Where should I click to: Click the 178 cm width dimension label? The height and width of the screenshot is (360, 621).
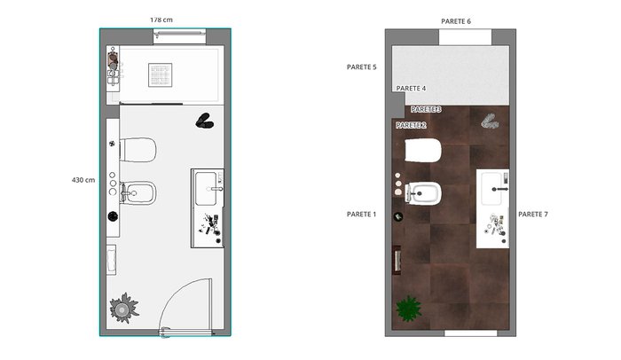161,20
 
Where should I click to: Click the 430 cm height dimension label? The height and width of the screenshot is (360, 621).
83,180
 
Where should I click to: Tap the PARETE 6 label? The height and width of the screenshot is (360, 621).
456,21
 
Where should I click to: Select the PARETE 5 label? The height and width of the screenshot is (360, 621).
362,67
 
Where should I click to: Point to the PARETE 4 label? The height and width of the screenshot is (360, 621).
411,89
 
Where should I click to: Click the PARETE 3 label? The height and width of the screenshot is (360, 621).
426,109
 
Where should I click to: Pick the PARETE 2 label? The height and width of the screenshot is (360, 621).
411,125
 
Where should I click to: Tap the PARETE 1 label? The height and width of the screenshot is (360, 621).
362,215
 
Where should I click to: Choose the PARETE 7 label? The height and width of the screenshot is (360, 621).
533,215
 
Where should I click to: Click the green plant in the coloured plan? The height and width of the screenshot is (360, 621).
409,309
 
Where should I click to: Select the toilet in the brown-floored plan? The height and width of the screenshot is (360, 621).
423,150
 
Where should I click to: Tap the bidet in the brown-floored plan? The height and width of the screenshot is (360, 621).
423,193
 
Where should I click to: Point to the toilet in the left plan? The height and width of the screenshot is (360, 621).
138,150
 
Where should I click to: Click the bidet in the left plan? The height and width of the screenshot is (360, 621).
138,193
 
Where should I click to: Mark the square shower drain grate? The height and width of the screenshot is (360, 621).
161,74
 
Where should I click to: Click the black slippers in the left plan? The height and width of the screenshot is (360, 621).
204,121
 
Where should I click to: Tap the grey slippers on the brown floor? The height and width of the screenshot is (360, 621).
490,121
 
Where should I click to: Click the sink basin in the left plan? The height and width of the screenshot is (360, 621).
206,189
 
